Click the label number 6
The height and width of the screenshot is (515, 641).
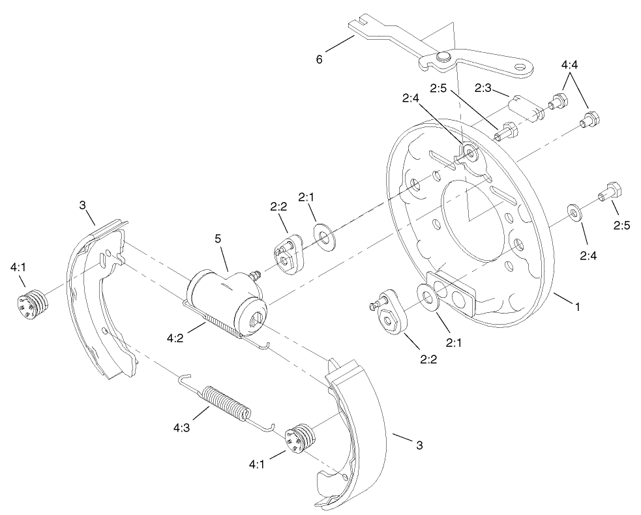[x=319, y=59]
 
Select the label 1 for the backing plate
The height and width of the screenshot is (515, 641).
[x=576, y=304]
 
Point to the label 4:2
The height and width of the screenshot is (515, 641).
[x=175, y=338]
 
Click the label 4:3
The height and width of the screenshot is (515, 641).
[x=182, y=428]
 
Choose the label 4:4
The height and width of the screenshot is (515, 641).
[x=569, y=66]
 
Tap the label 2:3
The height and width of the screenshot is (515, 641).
[x=483, y=87]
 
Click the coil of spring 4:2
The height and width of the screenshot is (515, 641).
[x=222, y=324]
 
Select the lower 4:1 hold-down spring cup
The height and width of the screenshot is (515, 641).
[x=300, y=437]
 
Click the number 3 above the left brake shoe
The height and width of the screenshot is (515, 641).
[x=83, y=205]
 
